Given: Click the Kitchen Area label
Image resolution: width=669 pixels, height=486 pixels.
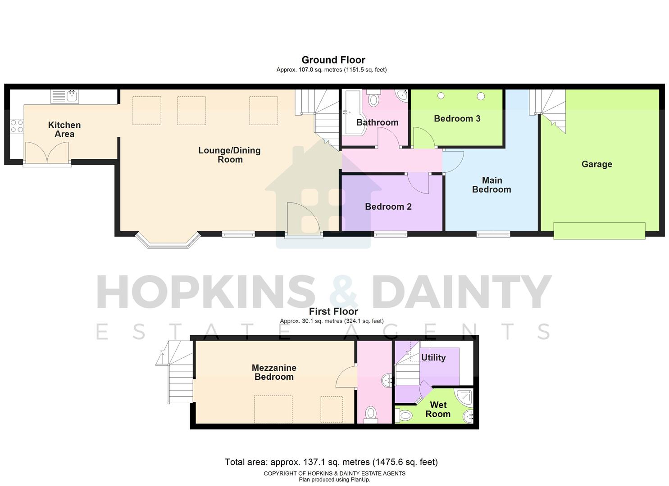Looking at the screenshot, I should tap(64, 130).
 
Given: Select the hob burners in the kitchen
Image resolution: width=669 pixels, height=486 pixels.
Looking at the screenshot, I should tap(17, 126).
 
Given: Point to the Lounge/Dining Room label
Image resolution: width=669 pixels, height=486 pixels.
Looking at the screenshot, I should tap(229, 155).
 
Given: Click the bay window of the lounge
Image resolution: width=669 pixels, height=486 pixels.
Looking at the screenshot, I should tap(168, 242).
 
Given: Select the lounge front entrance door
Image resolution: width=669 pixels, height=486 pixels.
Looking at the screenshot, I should tap(303, 219).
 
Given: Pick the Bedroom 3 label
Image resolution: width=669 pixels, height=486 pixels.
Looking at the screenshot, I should tap(457, 118).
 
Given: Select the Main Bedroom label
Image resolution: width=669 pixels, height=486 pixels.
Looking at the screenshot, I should tap(492, 185).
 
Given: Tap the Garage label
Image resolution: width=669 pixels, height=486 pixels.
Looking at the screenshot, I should tap(596, 164).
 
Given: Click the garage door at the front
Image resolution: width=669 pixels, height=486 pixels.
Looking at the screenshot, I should tap(599, 231).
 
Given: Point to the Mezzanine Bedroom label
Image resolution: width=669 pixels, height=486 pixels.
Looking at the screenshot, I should tap(274, 373).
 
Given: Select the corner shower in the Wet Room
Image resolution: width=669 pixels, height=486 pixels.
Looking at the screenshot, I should tap(464, 397).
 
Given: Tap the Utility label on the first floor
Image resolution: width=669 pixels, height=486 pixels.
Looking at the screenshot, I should tap(433, 357).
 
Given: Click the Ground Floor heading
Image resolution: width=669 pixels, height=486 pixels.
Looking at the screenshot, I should tap(333, 60).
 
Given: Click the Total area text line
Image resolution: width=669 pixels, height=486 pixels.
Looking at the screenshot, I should tap(331, 462).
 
